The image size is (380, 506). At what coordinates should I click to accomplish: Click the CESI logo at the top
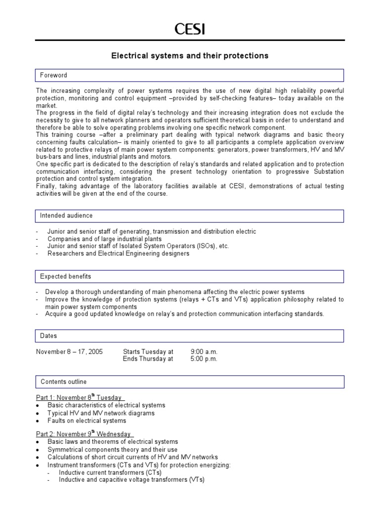tap(190, 30)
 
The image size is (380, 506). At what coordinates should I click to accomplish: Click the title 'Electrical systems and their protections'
tap(190, 56)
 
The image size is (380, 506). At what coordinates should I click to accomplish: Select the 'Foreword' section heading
tap(53, 75)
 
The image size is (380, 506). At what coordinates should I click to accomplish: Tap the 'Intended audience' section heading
tap(66, 215)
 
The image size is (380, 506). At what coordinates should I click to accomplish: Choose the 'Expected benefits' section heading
tap(65, 276)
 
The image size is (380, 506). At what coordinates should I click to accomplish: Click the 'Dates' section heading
tap(48, 336)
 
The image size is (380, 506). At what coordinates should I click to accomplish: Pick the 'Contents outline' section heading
tap(63, 381)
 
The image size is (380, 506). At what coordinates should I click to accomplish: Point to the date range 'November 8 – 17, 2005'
tap(69, 351)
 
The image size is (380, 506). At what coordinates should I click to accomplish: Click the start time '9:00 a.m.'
tap(204, 351)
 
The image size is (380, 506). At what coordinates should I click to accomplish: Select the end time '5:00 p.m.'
tap(204, 359)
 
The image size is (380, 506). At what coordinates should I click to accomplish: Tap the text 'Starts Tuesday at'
tap(148, 351)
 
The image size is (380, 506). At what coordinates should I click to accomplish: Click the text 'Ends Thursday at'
tap(148, 359)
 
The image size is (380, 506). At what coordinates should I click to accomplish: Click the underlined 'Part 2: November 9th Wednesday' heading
tap(84, 434)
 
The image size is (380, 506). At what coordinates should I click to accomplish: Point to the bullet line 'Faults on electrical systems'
tap(87, 421)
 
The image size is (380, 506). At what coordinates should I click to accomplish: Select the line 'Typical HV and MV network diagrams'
tap(101, 413)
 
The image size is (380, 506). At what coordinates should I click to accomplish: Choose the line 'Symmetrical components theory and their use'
tap(112, 449)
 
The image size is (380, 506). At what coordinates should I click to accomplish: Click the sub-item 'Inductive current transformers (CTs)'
tap(110, 472)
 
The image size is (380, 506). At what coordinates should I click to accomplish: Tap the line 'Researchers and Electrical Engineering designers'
tap(118, 253)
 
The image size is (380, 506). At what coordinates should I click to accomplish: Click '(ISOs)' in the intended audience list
tap(199, 246)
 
